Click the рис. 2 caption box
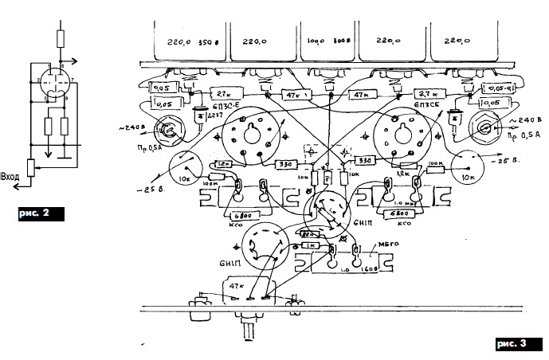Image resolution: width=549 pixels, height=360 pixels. tap(39, 213)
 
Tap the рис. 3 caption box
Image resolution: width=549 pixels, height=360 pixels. tap(510, 344)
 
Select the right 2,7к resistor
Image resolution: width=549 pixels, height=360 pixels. tap(429, 94)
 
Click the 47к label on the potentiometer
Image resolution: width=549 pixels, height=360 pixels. tap(237, 284)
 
